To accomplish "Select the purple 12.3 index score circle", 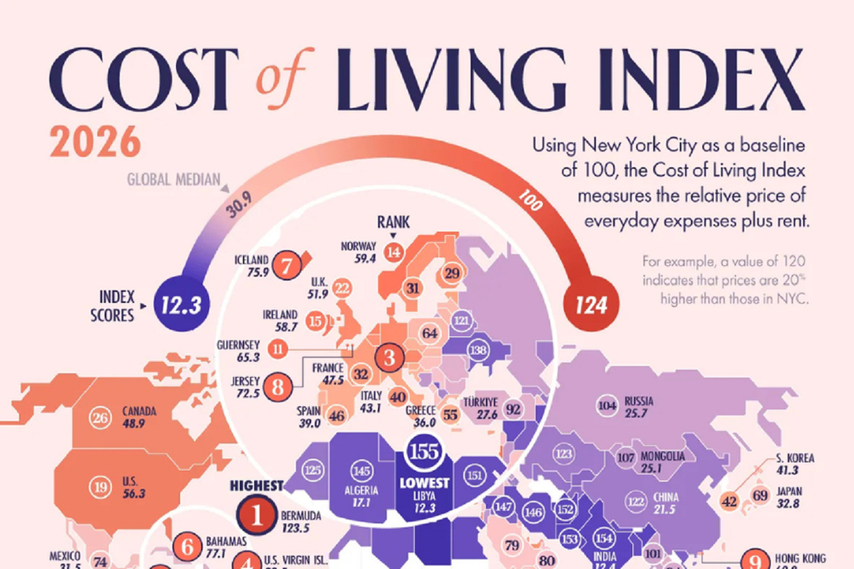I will (x=181, y=304).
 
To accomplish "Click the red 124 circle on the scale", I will (x=591, y=304).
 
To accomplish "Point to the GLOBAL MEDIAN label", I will (x=173, y=180).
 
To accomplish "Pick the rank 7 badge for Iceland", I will (x=287, y=267).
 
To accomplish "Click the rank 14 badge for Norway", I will (x=394, y=251).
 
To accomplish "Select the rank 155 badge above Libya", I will (x=424, y=451).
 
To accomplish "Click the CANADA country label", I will (x=139, y=411).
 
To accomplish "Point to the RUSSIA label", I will (x=639, y=401).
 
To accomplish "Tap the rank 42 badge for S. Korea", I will (x=730, y=502).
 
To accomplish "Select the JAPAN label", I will (x=789, y=491).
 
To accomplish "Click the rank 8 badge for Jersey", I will (x=277, y=386).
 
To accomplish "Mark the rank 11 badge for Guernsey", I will (x=278, y=347).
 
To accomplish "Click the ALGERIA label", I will (x=361, y=490).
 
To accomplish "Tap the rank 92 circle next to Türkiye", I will (x=513, y=408).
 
